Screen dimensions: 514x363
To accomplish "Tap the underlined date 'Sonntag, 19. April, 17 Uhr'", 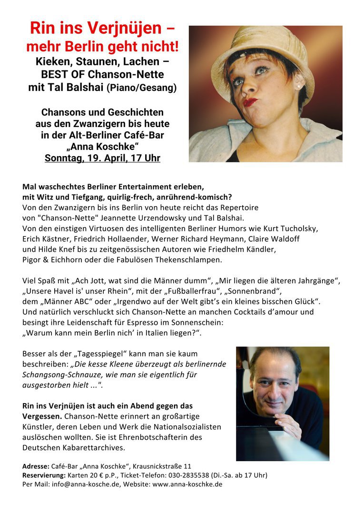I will pyautogui.click(x=102, y=158).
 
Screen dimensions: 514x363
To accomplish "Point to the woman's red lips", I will pyautogui.click(x=251, y=102).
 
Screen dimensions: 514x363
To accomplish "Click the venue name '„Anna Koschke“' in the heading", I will pyautogui.click(x=102, y=146).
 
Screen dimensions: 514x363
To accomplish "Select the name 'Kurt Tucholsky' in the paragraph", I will pyautogui.click(x=292, y=228).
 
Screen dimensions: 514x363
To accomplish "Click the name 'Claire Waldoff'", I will pyautogui.click(x=275, y=238).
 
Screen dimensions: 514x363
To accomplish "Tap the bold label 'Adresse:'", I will pyautogui.click(x=36, y=466).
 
